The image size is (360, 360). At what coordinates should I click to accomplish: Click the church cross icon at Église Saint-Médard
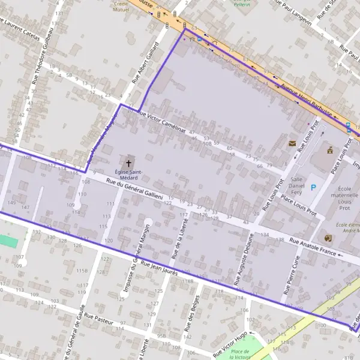pos(128,163)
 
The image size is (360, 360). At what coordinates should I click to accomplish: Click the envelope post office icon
pos(292,143)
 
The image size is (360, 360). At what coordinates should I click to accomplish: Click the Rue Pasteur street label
pos(99,317)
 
